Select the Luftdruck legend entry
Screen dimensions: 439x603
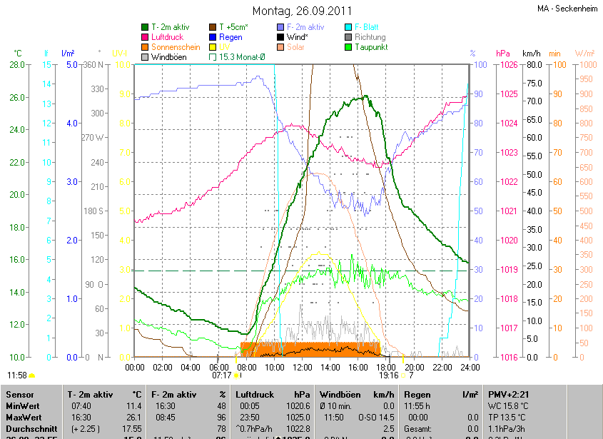pos(168,37)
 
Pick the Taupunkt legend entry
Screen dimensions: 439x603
pos(371,47)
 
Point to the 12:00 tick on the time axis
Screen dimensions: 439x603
pos(303,368)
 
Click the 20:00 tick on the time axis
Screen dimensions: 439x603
pos(415,368)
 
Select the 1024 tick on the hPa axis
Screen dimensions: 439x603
pos(508,123)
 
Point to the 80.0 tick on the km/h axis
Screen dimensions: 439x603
pos(532,65)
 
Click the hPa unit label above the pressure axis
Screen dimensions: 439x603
pos(502,54)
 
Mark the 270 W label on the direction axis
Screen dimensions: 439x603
pos(93,138)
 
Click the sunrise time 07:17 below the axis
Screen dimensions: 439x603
pos(221,375)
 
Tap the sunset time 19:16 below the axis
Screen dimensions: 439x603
pos(388,375)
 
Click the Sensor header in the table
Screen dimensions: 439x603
pos(19,394)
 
